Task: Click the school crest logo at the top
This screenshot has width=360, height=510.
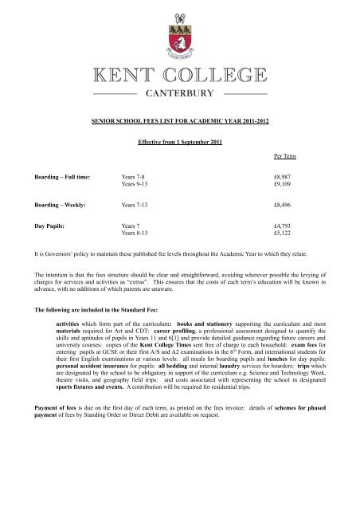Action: click(x=179, y=33)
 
